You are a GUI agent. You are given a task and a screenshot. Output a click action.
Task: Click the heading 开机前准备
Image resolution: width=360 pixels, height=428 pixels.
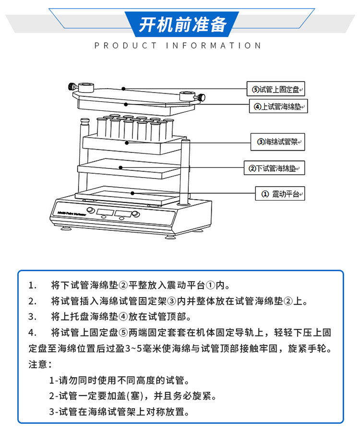pos(182,24)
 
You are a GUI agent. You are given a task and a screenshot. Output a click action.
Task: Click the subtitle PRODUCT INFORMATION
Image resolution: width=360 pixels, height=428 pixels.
pos(178,46)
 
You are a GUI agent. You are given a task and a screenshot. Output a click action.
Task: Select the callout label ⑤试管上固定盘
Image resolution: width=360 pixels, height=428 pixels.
pos(276,89)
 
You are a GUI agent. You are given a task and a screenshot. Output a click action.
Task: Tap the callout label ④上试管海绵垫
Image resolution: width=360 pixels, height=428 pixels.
pos(278,106)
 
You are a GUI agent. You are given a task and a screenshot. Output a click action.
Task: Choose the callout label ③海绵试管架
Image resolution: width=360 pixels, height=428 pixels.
pos(277,142)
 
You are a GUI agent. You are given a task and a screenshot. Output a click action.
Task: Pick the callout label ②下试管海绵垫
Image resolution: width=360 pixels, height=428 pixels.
pos(274,168)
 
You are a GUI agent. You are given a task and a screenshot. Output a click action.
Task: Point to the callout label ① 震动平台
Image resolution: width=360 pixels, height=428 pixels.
pos(280,193)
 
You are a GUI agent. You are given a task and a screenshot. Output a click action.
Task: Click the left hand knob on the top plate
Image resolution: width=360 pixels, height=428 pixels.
pos(72,87)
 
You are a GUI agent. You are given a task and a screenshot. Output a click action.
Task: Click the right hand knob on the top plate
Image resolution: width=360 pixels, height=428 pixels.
pos(201,97)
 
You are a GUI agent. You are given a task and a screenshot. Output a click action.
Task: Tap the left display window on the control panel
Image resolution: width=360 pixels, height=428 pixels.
pos(106,212)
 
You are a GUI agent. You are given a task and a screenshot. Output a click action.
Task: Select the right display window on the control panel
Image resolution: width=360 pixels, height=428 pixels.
pos(123,214)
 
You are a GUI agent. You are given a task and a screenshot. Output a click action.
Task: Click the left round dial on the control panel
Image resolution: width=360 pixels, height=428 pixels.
pos(90,210)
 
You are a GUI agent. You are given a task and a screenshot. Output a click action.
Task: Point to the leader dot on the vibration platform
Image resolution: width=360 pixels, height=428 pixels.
pos(132,193)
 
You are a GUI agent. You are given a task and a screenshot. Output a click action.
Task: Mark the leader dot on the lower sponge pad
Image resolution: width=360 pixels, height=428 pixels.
pos(120,167)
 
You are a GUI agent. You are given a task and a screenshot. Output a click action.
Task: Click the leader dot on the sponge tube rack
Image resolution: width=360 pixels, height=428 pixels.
pos(127,143)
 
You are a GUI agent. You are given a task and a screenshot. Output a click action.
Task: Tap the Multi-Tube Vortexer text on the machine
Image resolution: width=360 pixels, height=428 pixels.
pos(72,214)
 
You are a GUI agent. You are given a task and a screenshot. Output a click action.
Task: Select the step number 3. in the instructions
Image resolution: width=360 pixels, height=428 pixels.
pos(33,317)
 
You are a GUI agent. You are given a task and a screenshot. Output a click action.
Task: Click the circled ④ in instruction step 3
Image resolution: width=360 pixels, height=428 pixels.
pos(123,317)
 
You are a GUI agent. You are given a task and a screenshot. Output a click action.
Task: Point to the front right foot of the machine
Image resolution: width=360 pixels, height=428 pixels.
pos(170,237)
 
